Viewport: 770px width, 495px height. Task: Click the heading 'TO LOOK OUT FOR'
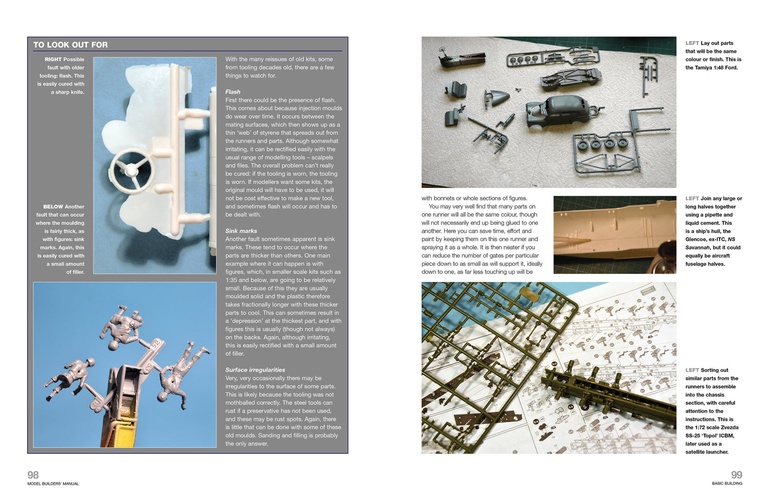tap(70, 45)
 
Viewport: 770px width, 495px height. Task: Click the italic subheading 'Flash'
tap(233, 92)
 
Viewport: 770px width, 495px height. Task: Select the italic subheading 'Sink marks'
tap(241, 231)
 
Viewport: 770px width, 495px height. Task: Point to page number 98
tap(33, 475)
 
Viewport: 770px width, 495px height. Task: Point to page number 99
tap(736, 475)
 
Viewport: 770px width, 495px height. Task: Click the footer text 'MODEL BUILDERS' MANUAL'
tap(53, 484)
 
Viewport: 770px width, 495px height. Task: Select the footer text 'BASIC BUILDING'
tap(727, 484)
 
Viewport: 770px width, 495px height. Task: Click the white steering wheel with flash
tap(131, 169)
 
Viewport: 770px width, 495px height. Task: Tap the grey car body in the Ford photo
tap(557, 110)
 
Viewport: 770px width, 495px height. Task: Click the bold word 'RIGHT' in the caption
tap(53, 60)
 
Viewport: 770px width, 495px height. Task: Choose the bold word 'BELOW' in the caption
tap(53, 207)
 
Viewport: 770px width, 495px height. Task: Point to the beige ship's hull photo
tap(614, 234)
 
